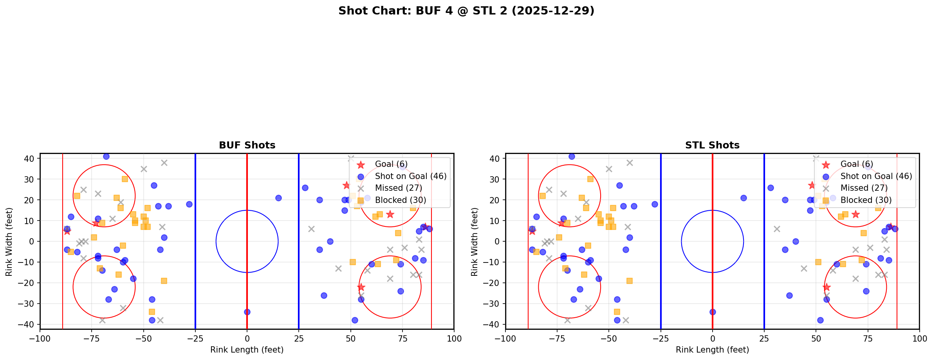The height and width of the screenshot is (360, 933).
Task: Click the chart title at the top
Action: point(466,11)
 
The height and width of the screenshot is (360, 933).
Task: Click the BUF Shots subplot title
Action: point(247,145)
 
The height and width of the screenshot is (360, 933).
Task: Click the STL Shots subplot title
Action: point(712,145)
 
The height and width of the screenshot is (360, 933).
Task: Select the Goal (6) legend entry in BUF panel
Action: point(391,164)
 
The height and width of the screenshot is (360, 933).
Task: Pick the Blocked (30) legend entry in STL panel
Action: point(866,200)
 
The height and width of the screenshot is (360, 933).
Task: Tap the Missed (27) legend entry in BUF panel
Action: point(398,188)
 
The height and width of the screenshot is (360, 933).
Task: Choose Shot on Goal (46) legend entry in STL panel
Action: point(876,176)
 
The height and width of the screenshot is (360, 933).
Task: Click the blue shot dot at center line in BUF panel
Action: point(247,312)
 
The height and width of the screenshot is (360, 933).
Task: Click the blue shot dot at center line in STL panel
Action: point(713,312)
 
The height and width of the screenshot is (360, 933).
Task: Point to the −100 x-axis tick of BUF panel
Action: point(40,338)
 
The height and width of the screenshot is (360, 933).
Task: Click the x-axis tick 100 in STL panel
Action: point(919,338)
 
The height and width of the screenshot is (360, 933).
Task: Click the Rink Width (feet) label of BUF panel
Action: point(9,241)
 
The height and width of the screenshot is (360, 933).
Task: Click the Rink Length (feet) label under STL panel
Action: point(712,350)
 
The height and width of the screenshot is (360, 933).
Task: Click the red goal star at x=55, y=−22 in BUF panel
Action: point(361,287)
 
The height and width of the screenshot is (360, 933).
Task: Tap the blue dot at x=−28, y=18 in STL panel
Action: point(655,204)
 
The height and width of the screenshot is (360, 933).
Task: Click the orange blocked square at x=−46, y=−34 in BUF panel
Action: point(152,312)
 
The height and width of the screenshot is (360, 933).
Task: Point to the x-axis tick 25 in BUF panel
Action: point(299,338)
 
